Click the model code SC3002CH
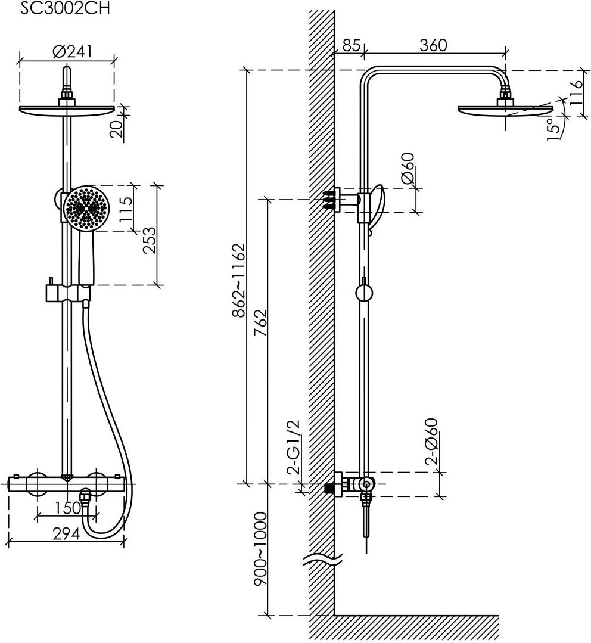click(x=65, y=8)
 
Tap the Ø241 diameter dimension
click(x=73, y=52)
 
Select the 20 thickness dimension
click(x=117, y=129)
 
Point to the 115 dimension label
click(x=126, y=209)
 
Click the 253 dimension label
click(x=150, y=240)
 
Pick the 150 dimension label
click(x=66, y=508)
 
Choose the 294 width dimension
click(x=66, y=533)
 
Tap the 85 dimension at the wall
click(x=352, y=45)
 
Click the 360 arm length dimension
click(x=433, y=45)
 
